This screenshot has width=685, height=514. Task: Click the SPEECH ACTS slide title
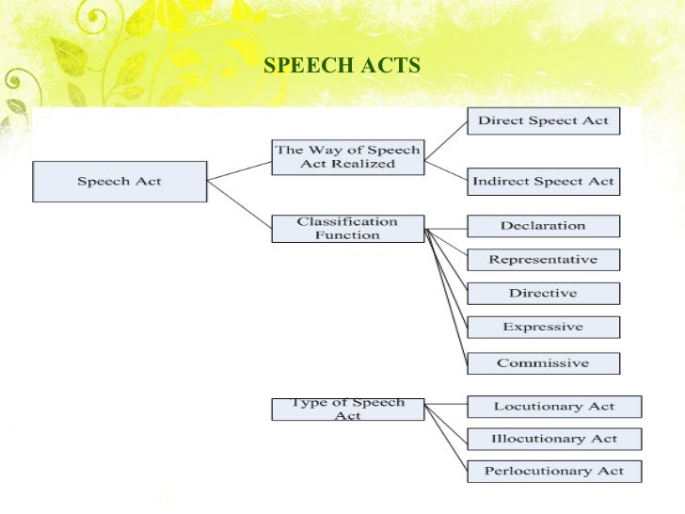coord(342,66)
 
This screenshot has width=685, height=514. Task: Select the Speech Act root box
coord(119,181)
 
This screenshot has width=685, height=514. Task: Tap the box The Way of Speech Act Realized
coord(347,156)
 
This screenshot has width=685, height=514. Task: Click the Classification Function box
coord(347,229)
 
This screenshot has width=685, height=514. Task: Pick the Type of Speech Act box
coord(347,409)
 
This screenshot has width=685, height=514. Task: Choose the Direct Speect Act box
coord(543,120)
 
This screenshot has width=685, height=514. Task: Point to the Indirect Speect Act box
coord(543,181)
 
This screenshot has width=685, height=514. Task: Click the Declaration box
coord(543,226)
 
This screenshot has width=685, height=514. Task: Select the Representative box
coord(543,260)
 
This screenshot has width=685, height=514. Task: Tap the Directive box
coord(543,293)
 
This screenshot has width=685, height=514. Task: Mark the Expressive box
coord(543,327)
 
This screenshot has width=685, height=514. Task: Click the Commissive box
coord(543,362)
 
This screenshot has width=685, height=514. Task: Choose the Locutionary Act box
coord(554,407)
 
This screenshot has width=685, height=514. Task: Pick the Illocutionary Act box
coord(554,439)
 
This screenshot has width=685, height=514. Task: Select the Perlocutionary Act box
coord(554,471)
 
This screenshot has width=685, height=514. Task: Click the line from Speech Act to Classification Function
coord(239,204)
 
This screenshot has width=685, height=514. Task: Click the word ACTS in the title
coord(385,66)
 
